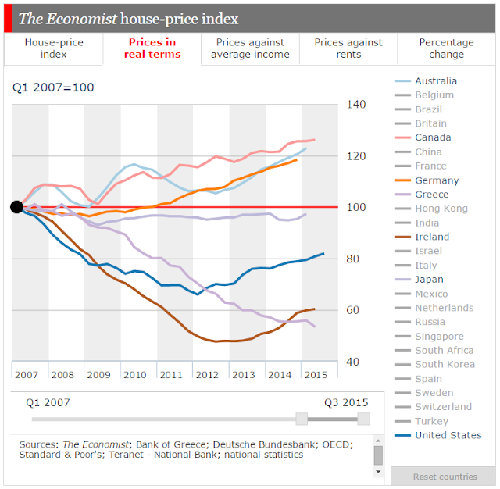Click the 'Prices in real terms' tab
pos(152,48)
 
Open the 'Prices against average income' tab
pos(250,48)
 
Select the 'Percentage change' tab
pos(446,48)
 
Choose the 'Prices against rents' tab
pos(348,48)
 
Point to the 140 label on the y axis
pos(356,105)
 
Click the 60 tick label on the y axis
pos(352,310)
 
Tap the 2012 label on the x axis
pos(207,374)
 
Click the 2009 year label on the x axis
pos(99,374)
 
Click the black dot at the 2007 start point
pos(16,207)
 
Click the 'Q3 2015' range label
pos(346,402)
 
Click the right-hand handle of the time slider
pos(363,419)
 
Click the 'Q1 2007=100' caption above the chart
pos(53,87)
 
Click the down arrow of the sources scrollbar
pos(378,472)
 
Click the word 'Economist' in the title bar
pos(82,19)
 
